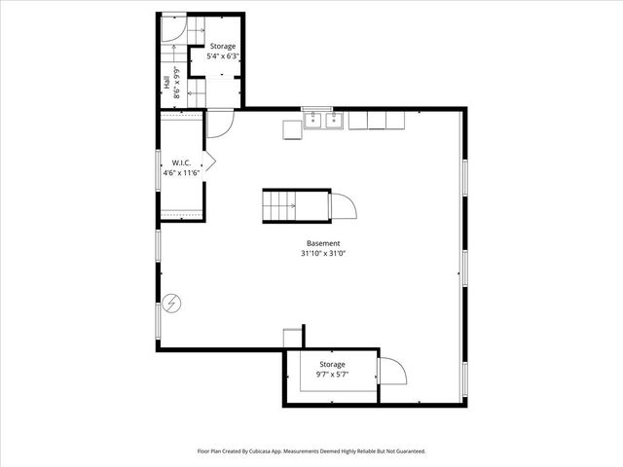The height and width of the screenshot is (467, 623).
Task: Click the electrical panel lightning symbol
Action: pyautogui.click(x=172, y=305)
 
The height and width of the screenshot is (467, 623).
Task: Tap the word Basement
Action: pyautogui.click(x=324, y=243)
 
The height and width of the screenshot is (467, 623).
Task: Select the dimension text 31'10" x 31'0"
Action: pyautogui.click(x=324, y=254)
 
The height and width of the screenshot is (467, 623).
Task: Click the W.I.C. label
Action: pyautogui.click(x=181, y=162)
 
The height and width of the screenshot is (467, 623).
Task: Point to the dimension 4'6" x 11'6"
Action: pyautogui.click(x=181, y=172)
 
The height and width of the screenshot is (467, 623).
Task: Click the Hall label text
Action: pyautogui.click(x=167, y=86)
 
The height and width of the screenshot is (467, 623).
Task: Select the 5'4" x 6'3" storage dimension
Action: pyautogui.click(x=223, y=56)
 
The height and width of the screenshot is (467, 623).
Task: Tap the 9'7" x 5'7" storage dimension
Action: pyautogui.click(x=332, y=375)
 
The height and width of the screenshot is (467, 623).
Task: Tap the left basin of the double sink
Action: pyautogui.click(x=312, y=121)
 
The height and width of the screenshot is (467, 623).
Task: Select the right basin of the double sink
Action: pyautogui.click(x=333, y=121)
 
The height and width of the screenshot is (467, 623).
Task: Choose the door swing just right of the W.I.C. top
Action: pyautogui.click(x=219, y=123)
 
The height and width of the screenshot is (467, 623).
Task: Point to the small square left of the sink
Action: pyautogui.click(x=291, y=128)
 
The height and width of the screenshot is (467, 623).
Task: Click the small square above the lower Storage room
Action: pyautogui.click(x=293, y=338)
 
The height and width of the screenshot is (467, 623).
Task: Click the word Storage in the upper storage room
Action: pyautogui.click(x=223, y=46)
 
